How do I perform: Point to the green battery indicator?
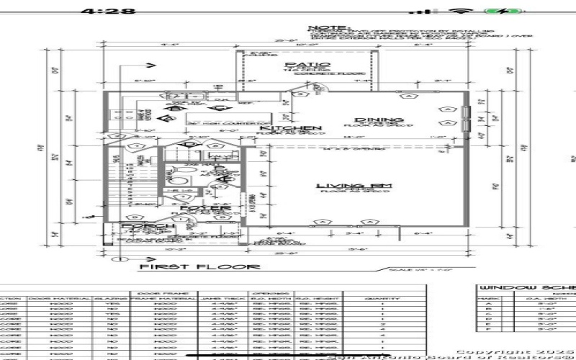pos(496,12)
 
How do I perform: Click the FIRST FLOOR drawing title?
pos(199,266)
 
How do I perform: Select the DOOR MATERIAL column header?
pos(60,299)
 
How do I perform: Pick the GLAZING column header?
pos(109,299)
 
